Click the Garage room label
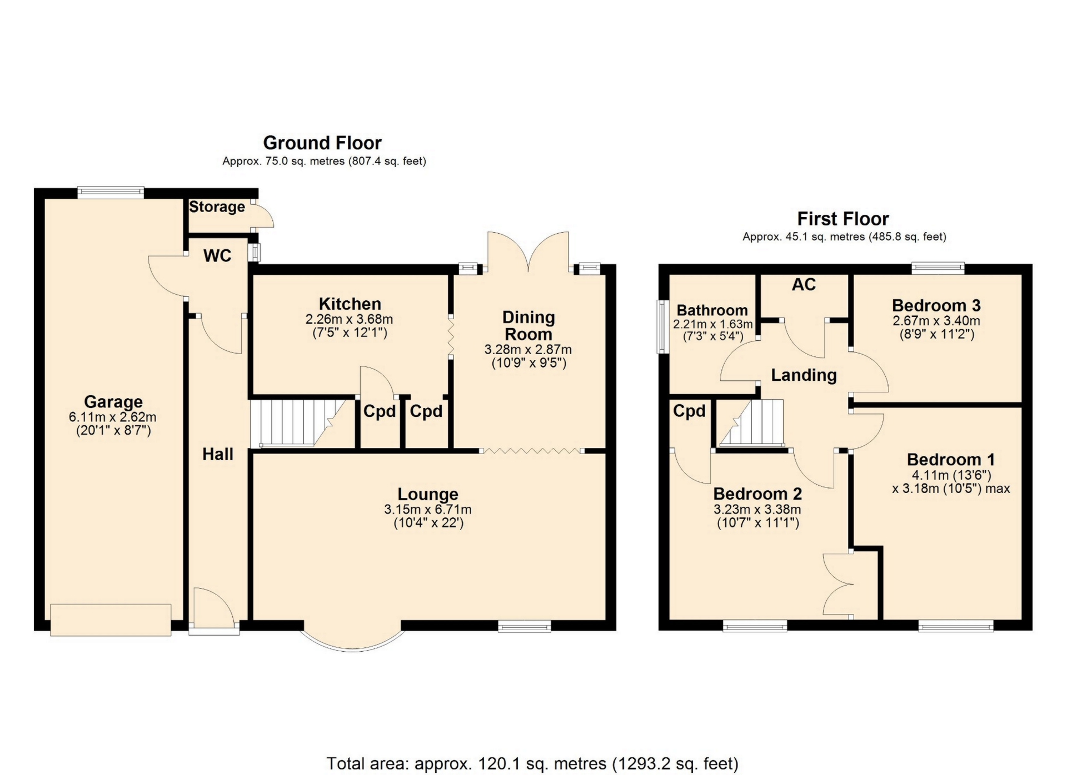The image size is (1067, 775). point(113,401)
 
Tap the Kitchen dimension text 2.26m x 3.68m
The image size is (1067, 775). point(350,320)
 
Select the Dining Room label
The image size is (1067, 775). point(528,326)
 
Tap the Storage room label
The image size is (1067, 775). point(217,207)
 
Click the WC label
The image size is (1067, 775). point(217,255)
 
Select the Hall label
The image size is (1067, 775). point(218,454)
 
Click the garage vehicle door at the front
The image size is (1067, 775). point(111,620)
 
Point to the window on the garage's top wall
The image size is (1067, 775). point(111,193)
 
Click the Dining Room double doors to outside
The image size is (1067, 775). point(528,253)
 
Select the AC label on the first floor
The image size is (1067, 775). point(804,285)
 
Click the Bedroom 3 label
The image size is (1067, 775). point(936,305)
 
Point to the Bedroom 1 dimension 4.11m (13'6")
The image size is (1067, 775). point(951,475)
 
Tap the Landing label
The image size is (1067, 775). point(804,375)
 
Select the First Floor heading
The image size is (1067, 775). point(843,219)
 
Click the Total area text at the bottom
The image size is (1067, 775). point(532,764)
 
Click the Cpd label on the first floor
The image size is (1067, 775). point(689,411)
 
